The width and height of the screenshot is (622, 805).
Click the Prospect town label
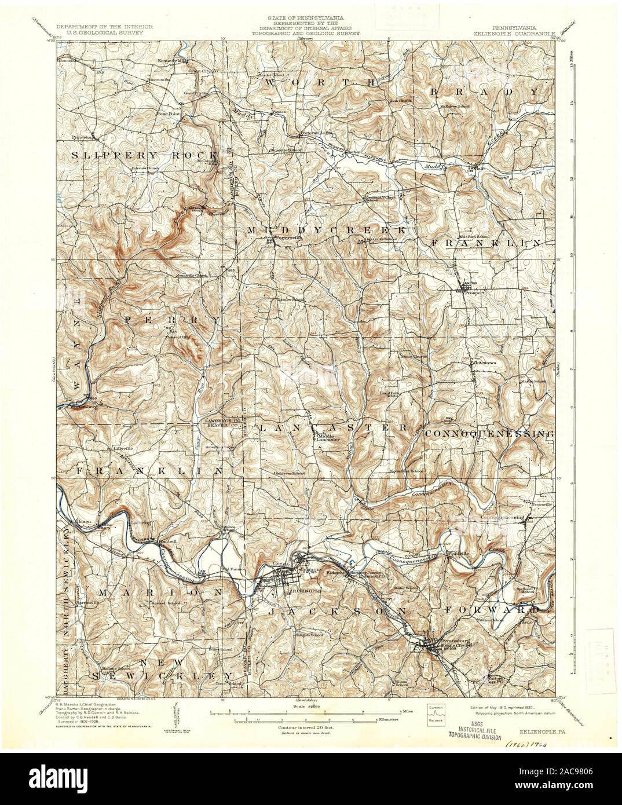point(474,293)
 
